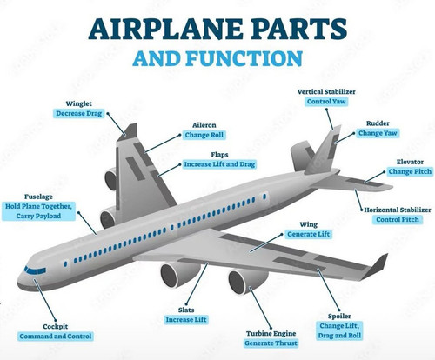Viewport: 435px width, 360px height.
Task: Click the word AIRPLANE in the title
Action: click(x=165, y=29)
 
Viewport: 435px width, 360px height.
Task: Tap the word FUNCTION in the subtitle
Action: click(x=244, y=58)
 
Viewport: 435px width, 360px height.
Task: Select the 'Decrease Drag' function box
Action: click(x=78, y=113)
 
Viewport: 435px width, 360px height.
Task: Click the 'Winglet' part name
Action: click(x=78, y=103)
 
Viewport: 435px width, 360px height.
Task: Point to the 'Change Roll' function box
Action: click(x=204, y=135)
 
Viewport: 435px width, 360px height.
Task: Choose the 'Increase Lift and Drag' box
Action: click(x=219, y=164)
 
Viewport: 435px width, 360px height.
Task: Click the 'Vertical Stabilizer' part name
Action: click(x=326, y=91)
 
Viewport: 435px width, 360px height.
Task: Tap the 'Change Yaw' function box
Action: click(x=378, y=133)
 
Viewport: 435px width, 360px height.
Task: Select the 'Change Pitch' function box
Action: click(x=410, y=171)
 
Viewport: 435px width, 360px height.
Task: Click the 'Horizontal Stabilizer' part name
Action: click(x=398, y=210)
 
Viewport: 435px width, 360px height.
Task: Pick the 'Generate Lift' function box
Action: click(x=309, y=234)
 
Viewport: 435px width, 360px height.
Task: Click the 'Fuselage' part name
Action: click(x=38, y=197)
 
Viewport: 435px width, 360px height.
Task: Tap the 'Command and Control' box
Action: click(x=56, y=337)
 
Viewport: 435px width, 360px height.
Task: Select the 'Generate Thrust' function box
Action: click(x=271, y=343)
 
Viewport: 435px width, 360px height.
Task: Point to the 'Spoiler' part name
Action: click(x=339, y=316)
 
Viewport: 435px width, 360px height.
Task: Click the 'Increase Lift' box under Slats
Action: click(x=186, y=320)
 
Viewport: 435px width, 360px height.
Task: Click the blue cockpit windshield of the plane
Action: click(x=35, y=270)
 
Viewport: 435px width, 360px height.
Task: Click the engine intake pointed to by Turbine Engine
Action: click(x=240, y=282)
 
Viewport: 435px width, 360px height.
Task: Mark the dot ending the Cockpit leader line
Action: click(x=56, y=321)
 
